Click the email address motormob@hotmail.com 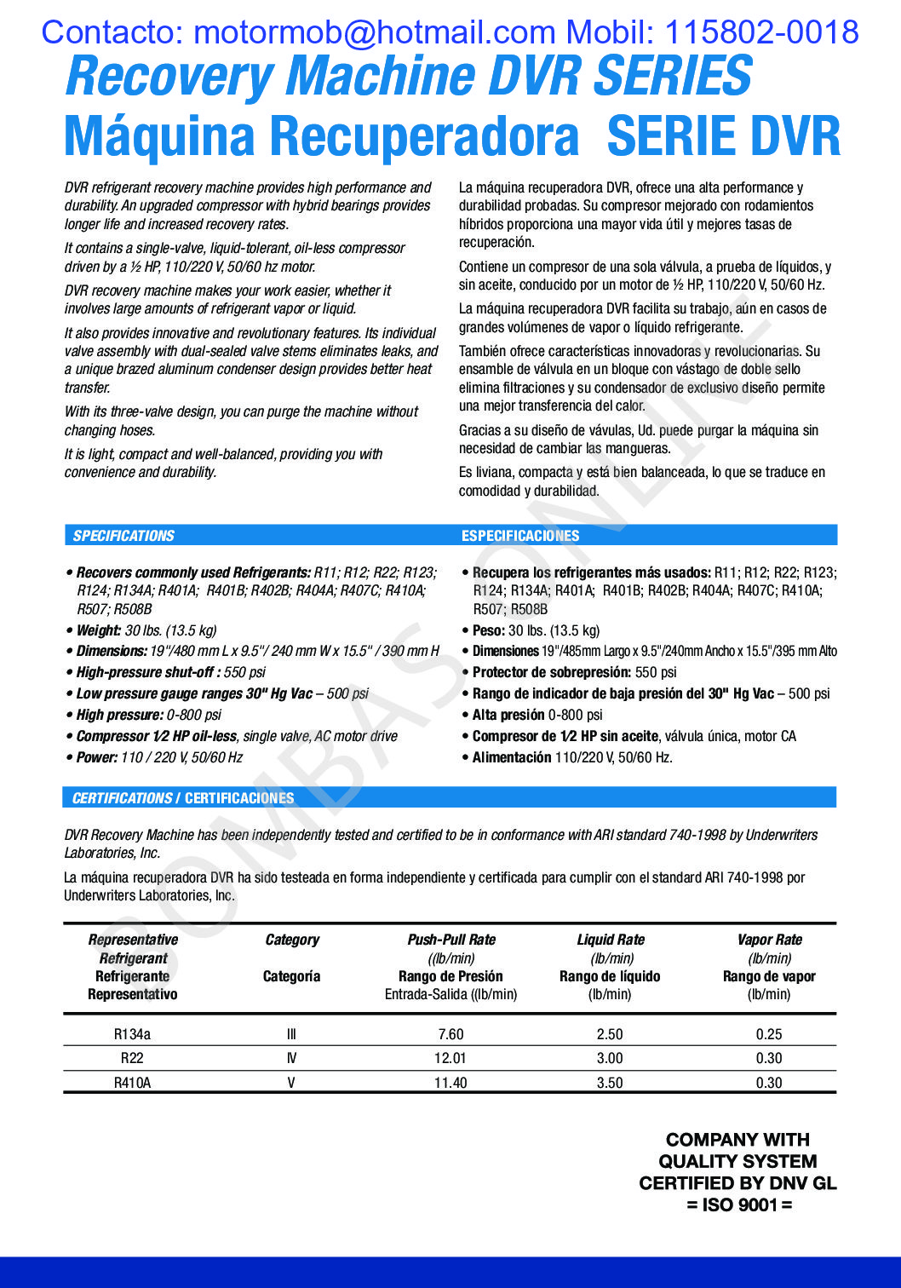click(x=375, y=32)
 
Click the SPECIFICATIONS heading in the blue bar click(x=123, y=536)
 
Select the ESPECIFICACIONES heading click(x=520, y=536)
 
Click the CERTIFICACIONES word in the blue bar click(x=239, y=798)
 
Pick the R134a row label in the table click(x=132, y=1034)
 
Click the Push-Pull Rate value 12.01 click(x=450, y=1058)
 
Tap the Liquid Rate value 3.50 click(x=610, y=1083)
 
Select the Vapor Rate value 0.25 click(x=769, y=1034)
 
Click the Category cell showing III click(x=291, y=1034)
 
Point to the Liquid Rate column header click(x=611, y=940)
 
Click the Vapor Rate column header click(x=770, y=940)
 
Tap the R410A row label click(x=132, y=1083)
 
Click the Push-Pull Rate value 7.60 click(x=450, y=1034)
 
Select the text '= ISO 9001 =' click(x=739, y=1205)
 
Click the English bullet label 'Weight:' click(x=99, y=630)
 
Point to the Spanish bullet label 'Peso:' click(x=489, y=630)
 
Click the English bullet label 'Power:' click(x=97, y=757)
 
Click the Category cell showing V click(x=291, y=1083)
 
